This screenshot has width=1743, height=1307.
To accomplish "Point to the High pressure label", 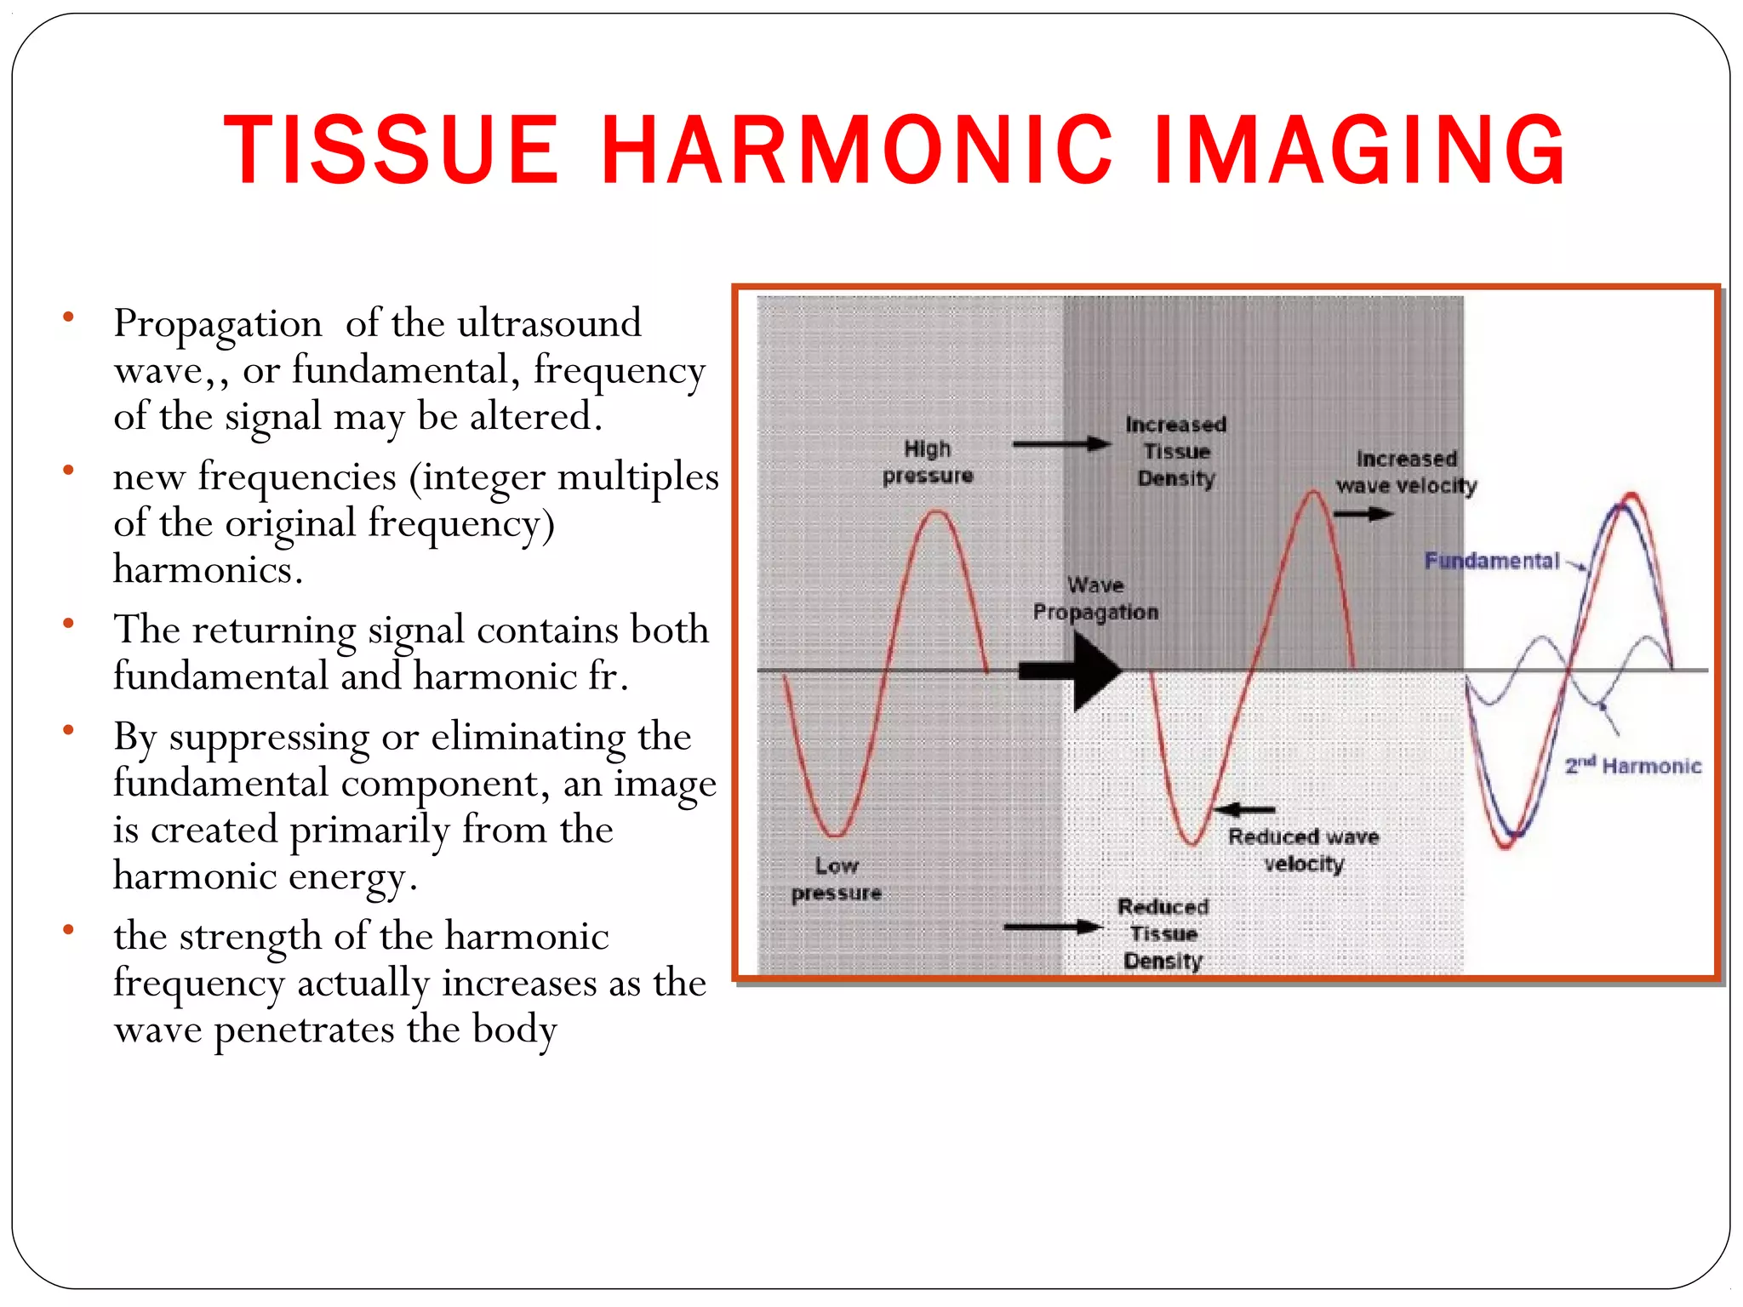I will click(927, 462).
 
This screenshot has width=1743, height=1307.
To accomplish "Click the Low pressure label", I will click(836, 879).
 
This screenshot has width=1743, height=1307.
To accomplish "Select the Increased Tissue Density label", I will click(1176, 451).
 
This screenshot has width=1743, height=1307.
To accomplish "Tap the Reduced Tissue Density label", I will click(1163, 933).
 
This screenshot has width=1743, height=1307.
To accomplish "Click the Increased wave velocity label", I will click(1406, 472).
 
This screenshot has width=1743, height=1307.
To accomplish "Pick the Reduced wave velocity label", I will click(1303, 850).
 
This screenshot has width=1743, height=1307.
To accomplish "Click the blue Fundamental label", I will click(1491, 561).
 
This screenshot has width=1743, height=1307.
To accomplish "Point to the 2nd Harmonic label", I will click(1633, 766).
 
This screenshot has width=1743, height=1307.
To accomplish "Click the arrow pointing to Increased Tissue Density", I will click(1061, 443).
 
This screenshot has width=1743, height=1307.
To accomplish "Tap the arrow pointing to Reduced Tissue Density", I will click(1054, 927).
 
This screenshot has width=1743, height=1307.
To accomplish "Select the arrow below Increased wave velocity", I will click(1363, 514).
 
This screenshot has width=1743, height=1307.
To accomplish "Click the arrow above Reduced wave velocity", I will click(1244, 809).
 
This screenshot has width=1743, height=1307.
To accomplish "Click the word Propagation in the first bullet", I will click(218, 325).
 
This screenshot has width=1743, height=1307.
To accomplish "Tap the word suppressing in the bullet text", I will click(268, 738).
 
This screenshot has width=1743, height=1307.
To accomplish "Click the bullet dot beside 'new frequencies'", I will click(68, 470).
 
